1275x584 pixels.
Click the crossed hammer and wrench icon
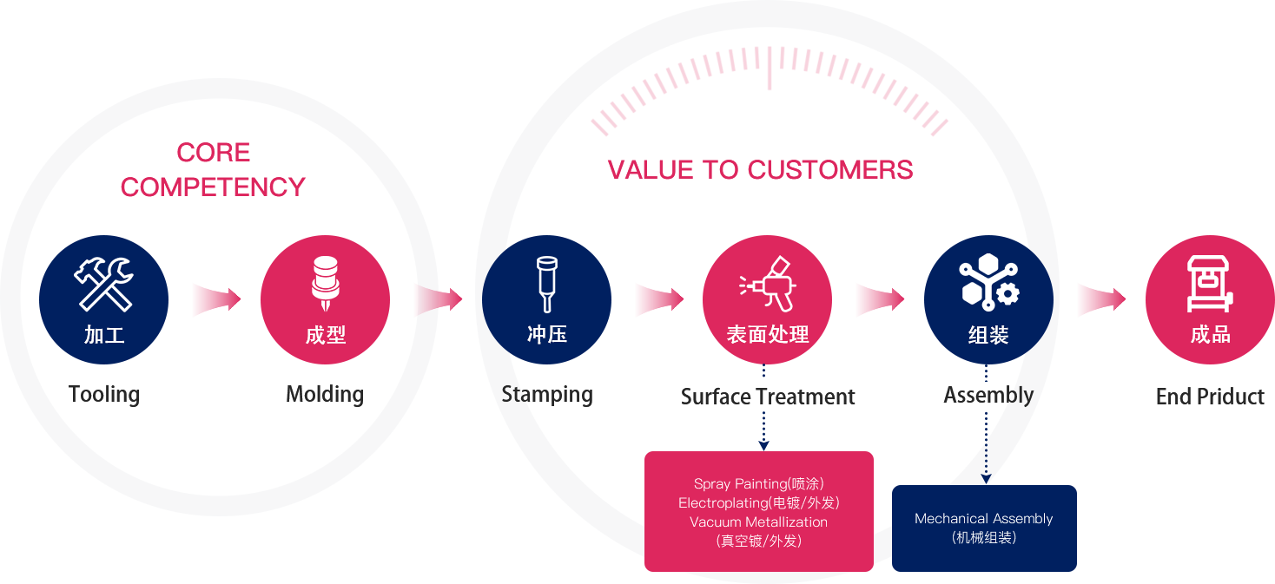(103, 283)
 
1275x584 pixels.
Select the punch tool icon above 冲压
(546, 283)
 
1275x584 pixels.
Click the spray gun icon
(767, 283)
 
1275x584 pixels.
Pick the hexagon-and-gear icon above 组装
(988, 282)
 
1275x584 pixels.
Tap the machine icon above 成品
(1210, 283)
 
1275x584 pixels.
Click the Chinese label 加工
(104, 335)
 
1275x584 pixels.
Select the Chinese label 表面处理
(768, 335)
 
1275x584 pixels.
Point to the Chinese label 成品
(1210, 335)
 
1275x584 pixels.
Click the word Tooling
(104, 395)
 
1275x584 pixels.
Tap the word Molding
(325, 395)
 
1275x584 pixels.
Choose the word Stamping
(547, 395)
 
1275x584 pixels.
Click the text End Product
(1210, 397)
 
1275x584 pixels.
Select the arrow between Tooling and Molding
(215, 299)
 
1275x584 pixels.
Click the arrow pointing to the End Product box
(1101, 299)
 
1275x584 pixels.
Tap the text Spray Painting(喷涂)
(758, 484)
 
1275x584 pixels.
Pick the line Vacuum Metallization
(758, 522)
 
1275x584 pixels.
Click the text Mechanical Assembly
(983, 519)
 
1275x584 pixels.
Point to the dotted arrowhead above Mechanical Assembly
(986, 477)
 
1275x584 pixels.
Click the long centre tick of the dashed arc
(769, 68)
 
